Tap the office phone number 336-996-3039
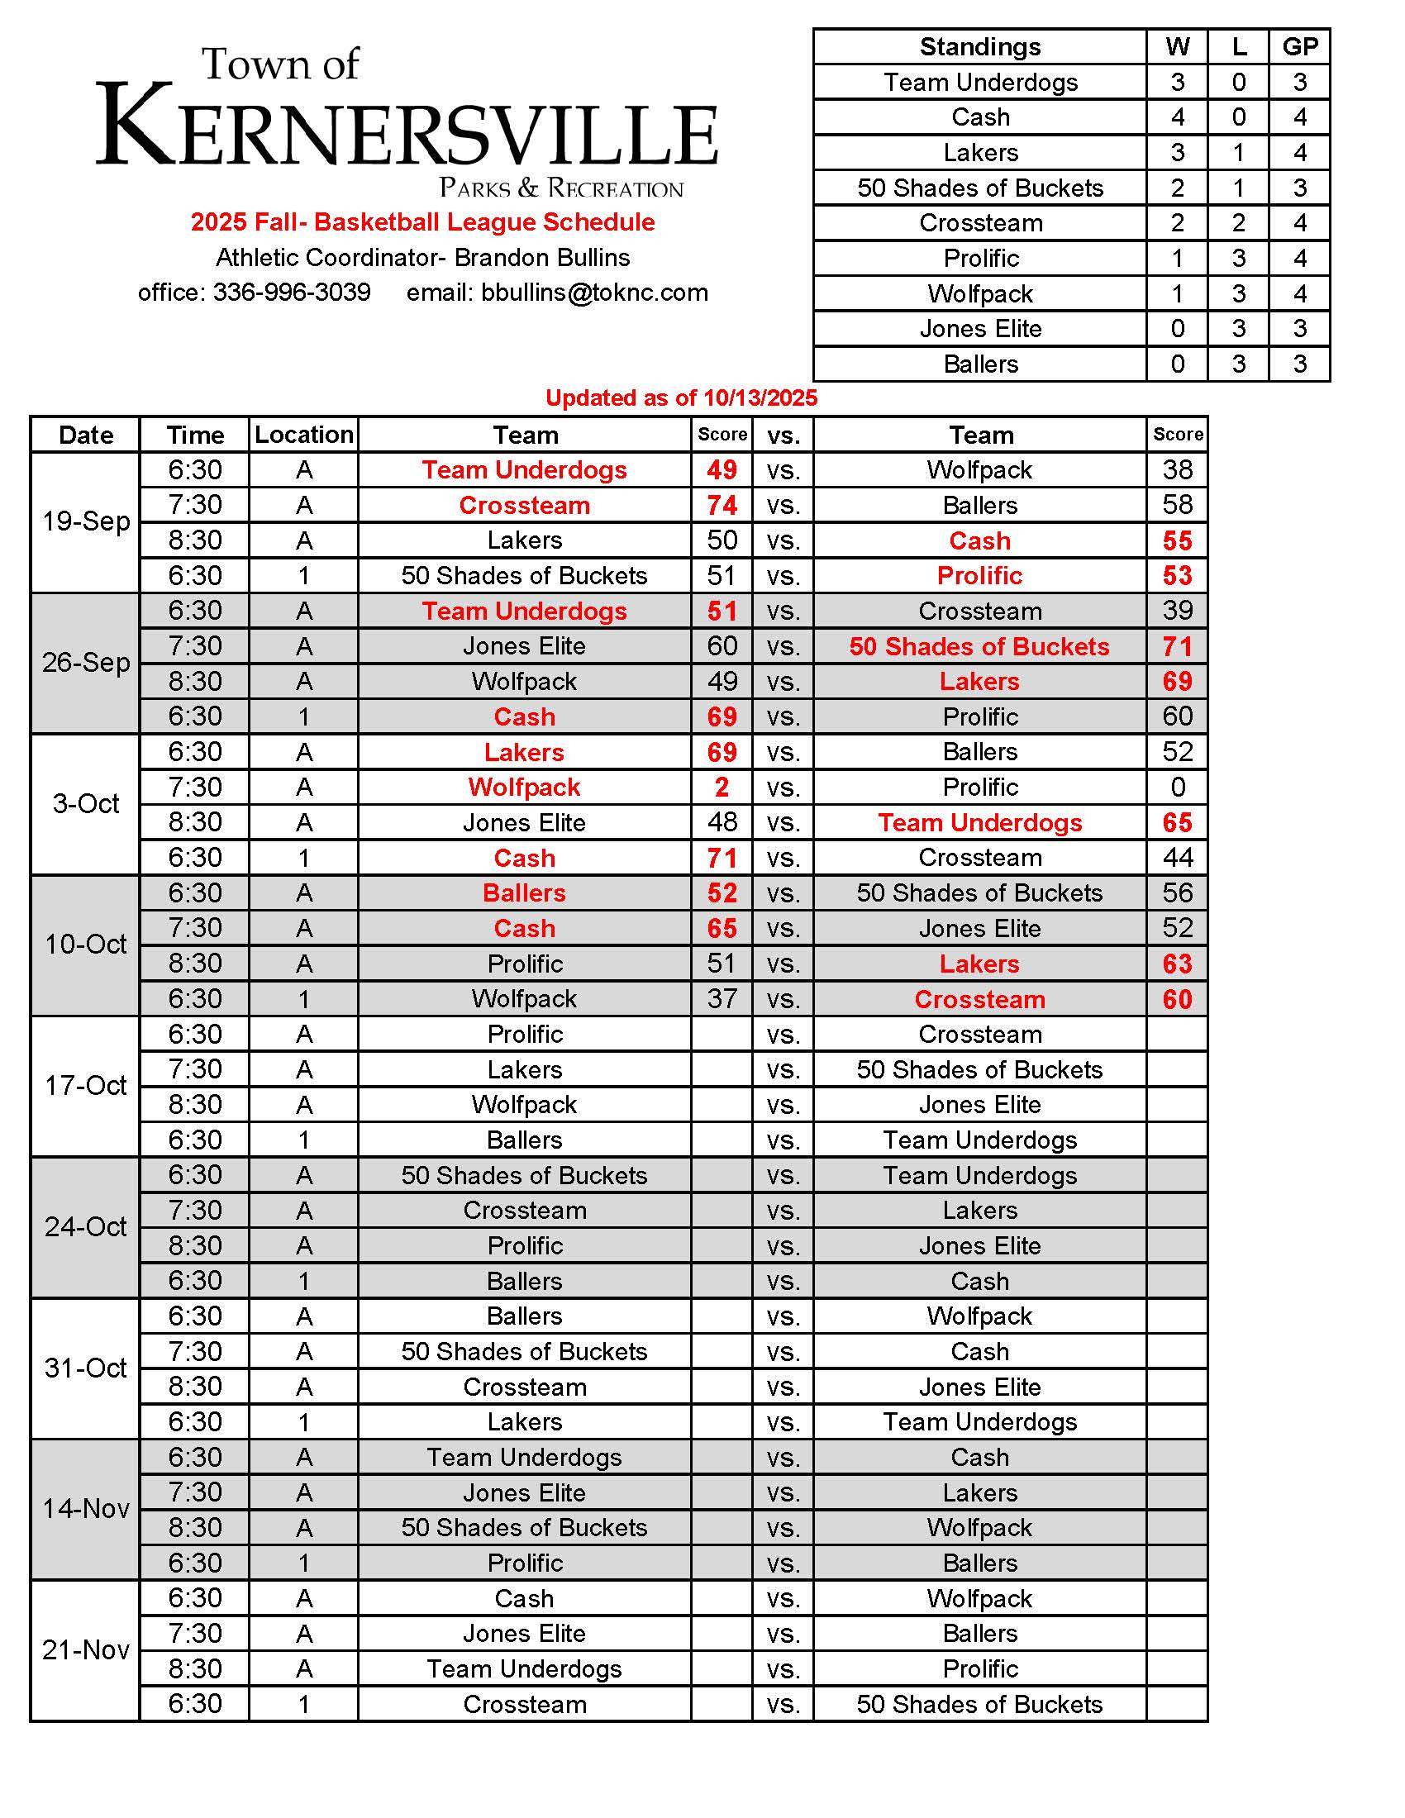(x=291, y=293)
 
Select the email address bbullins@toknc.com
(x=594, y=293)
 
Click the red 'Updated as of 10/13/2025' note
(x=681, y=398)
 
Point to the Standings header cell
(x=979, y=46)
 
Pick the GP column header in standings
(x=1299, y=46)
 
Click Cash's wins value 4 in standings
(x=1177, y=117)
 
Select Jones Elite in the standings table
(x=979, y=329)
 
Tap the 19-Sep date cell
(x=86, y=522)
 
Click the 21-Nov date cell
(x=86, y=1650)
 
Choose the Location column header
(x=304, y=435)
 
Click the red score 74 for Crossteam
(x=722, y=505)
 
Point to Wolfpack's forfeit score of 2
(x=722, y=788)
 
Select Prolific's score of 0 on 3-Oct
(x=1177, y=788)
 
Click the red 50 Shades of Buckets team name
(x=979, y=647)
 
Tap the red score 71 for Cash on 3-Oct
(x=722, y=858)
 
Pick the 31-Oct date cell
(x=86, y=1368)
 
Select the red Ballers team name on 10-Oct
(x=524, y=893)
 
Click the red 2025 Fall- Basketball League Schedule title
(x=423, y=222)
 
